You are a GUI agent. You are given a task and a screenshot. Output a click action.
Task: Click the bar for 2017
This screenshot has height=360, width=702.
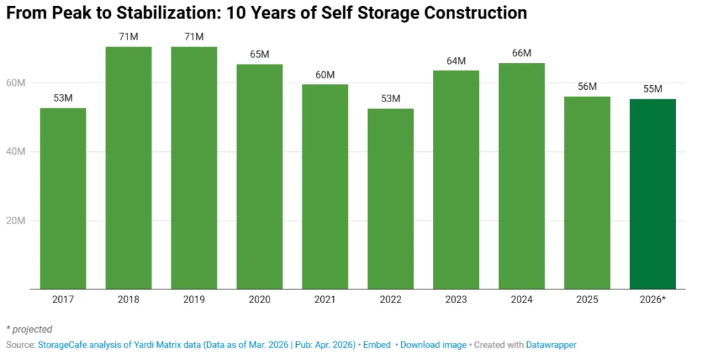63,199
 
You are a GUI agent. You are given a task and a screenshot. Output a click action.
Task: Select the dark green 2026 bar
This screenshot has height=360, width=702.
653,194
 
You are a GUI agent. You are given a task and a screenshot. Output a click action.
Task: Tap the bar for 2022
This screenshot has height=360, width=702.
391,199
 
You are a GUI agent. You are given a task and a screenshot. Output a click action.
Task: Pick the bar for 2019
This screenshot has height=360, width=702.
194,168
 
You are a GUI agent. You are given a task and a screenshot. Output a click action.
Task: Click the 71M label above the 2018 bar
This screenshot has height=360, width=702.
129,36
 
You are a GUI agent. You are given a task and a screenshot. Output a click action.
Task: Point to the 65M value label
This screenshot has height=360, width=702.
260,54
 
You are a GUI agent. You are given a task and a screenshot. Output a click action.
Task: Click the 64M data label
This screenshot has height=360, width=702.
456,61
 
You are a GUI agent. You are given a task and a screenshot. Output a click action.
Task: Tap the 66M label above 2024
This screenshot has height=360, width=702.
522,53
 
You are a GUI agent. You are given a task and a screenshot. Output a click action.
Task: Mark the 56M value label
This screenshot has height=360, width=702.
588,86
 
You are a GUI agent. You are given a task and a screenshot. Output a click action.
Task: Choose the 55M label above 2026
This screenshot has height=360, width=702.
653,89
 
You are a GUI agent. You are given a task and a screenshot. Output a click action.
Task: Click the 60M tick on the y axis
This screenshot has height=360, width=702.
16,83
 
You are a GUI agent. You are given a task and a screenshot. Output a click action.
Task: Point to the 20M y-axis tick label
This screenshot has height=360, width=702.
16,221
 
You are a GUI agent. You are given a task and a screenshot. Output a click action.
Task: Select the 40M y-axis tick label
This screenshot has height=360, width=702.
16,152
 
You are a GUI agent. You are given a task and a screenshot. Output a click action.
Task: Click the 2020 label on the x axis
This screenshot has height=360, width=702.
260,300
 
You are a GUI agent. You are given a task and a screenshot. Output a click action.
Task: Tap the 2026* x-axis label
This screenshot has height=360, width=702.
653,300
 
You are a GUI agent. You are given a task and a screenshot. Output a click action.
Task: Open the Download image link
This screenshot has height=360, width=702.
433,345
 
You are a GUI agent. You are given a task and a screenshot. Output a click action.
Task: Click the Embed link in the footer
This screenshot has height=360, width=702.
376,345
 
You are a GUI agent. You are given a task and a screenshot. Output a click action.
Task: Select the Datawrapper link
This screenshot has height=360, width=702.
551,345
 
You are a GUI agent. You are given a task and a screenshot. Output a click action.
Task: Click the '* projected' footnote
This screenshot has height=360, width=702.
29,329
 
